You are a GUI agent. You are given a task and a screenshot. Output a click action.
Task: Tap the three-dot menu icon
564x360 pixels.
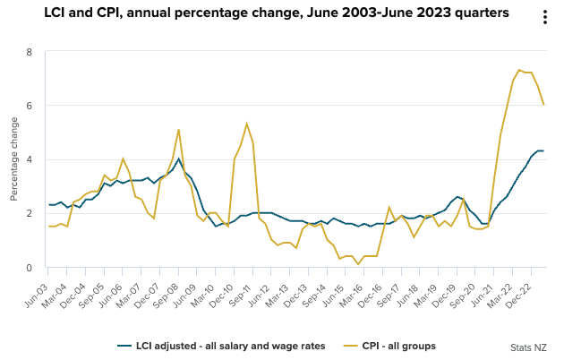545,18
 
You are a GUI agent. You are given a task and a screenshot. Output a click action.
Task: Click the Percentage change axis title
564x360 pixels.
13,159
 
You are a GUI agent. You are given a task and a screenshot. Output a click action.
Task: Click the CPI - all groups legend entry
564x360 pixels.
393,345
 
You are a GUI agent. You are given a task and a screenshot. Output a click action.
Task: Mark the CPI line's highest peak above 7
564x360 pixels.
519,69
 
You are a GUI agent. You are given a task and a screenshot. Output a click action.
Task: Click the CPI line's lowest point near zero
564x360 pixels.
358,264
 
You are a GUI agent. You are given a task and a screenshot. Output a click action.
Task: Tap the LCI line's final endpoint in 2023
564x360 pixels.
543,150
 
